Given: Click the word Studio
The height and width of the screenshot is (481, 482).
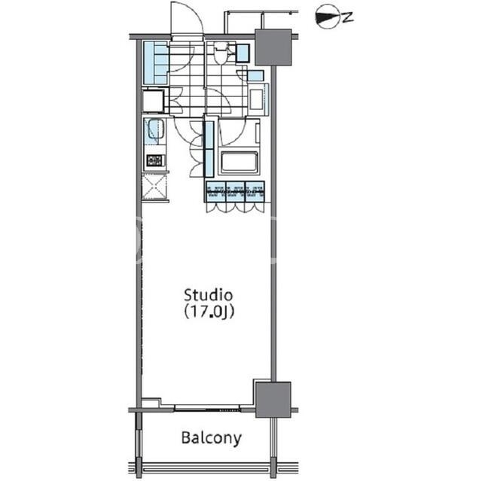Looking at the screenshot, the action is [x=208, y=295].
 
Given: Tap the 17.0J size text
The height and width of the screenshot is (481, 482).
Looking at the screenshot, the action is [x=209, y=312].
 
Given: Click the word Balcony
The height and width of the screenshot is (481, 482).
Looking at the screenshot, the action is [x=212, y=438].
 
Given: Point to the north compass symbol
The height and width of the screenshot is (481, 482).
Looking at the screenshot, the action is [x=334, y=17].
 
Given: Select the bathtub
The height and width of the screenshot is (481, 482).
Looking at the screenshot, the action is [x=239, y=163].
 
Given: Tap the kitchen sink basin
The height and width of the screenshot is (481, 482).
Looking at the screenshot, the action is [x=156, y=129].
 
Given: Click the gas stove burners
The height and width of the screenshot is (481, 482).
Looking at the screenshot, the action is [x=156, y=160].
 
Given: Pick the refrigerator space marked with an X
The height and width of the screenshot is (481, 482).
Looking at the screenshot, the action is [x=154, y=187].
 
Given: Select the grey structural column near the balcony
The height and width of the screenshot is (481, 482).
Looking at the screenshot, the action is [x=273, y=399].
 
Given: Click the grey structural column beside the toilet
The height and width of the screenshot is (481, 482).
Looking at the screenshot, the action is [x=273, y=47].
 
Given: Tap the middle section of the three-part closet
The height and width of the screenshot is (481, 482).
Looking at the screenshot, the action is [x=236, y=192].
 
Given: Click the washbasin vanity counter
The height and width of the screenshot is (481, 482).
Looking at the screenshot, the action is [x=257, y=99].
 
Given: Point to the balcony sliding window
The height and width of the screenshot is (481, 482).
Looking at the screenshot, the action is [x=206, y=409].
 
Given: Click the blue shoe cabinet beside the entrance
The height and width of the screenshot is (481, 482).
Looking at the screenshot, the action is [x=156, y=63].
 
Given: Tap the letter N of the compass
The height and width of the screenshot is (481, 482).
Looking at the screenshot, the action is [x=347, y=17].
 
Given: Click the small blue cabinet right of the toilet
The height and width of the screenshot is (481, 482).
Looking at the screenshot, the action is [x=243, y=53].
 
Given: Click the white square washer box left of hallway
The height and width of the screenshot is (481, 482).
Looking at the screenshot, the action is [x=153, y=100].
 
